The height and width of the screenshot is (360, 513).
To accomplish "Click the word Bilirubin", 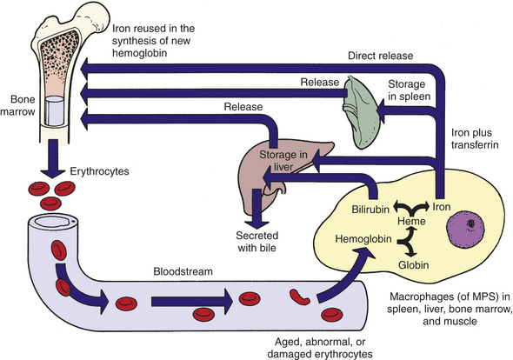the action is coord(370,209).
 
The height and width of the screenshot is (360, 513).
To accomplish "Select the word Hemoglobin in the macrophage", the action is coord(363,239).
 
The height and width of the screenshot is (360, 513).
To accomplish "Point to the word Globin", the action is coord(414,264).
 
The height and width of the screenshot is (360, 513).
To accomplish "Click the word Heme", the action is coord(411,221).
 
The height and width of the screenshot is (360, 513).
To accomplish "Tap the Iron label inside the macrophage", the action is coord(442,207).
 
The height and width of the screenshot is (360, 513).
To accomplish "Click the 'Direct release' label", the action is coord(381,56).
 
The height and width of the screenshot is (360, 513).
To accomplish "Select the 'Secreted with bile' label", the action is coord(257,242).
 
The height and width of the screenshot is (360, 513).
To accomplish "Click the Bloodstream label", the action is coord(183,271).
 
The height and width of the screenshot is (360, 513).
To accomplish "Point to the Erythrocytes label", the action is coord(99,171).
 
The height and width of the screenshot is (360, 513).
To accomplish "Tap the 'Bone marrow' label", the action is coord(17,105).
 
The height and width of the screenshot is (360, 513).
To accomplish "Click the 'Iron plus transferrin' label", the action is coord(475,138).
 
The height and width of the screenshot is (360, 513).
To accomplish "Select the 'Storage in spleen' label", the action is coord(409,90).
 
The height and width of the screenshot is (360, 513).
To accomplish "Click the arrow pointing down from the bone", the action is coord(53,158).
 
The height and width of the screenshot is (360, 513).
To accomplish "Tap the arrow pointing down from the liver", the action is coord(257,209).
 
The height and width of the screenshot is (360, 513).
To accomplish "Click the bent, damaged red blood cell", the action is coord(299,297).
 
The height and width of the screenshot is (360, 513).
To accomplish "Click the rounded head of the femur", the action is coord(97,17).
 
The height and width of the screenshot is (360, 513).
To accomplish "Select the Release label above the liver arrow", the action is coord(243,107).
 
